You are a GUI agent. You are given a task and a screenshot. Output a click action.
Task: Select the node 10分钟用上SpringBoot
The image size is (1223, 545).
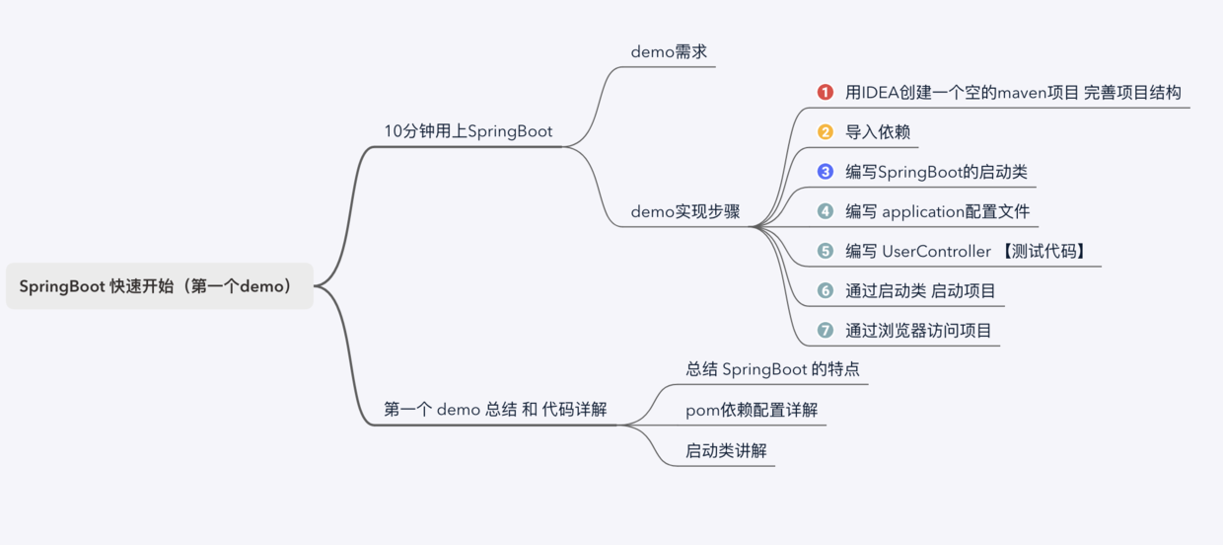pyautogui.click(x=468, y=131)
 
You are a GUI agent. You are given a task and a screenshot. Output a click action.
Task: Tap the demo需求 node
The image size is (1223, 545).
pyautogui.click(x=669, y=52)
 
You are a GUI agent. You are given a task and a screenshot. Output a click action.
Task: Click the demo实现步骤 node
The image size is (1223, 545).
pyautogui.click(x=684, y=212)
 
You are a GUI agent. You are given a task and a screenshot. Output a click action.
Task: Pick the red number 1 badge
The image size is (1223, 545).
pyautogui.click(x=826, y=92)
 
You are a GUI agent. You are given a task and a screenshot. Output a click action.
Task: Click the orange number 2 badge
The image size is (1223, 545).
pyautogui.click(x=826, y=131)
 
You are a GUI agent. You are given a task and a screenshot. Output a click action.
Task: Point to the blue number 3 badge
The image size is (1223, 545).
pyautogui.click(x=826, y=172)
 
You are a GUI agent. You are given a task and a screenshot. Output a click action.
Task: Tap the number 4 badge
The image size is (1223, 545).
pyautogui.click(x=826, y=211)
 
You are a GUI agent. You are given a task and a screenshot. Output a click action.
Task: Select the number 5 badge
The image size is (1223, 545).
pyautogui.click(x=826, y=252)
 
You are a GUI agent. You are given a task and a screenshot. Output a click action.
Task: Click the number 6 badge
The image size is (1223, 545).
pyautogui.click(x=826, y=291)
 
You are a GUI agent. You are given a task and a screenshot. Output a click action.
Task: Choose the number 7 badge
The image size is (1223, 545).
pyautogui.click(x=826, y=331)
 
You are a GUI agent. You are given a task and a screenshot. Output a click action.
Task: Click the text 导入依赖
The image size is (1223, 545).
pyautogui.click(x=878, y=131)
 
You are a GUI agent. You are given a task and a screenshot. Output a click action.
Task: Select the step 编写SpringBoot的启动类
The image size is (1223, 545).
pyautogui.click(x=937, y=172)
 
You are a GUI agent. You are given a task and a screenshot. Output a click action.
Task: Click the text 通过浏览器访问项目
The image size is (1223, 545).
pyautogui.click(x=918, y=331)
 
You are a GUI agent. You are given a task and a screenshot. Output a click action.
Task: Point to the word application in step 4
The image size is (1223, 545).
pyautogui.click(x=922, y=211)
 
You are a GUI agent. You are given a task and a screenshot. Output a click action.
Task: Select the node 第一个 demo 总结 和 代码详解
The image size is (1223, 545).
pyautogui.click(x=495, y=410)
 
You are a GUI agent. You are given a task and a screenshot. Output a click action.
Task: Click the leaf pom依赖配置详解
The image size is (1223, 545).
pyautogui.click(x=752, y=410)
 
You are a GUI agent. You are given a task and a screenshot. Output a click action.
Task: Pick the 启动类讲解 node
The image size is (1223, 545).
pyautogui.click(x=726, y=450)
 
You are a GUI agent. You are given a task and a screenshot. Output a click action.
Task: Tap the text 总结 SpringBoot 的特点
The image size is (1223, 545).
pyautogui.click(x=772, y=369)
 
